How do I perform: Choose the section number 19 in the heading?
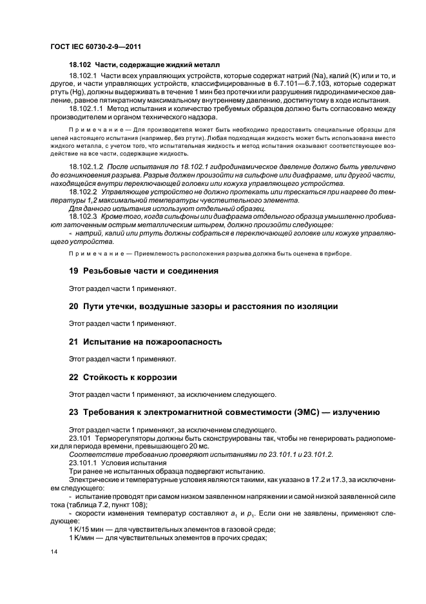pos(73,271)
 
